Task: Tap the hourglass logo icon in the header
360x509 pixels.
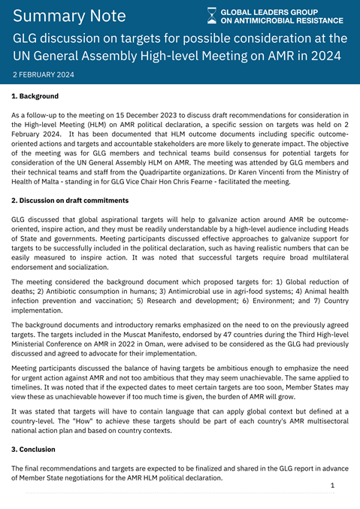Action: pyautogui.click(x=212, y=16)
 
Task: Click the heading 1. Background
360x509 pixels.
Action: pyautogui.click(x=35, y=97)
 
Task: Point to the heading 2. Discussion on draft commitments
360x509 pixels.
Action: pyautogui.click(x=70, y=201)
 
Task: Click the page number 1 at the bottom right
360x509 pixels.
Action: pyautogui.click(x=331, y=486)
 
